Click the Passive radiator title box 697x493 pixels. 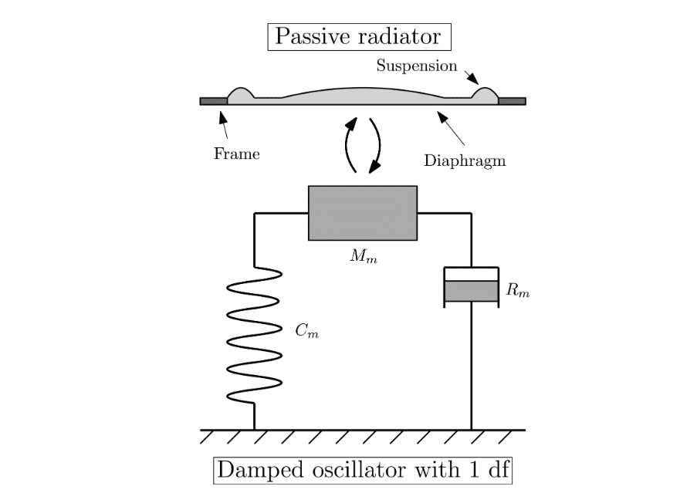coord(357,36)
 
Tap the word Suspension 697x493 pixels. coord(417,66)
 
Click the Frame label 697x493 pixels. coord(236,154)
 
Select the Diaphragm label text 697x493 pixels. coord(465,160)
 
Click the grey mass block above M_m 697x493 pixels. coord(363,213)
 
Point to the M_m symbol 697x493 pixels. coord(363,255)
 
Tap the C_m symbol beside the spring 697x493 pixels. coord(306,332)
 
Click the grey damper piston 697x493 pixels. coord(470,291)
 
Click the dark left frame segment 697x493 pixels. coord(213,101)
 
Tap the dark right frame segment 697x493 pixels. coord(512,101)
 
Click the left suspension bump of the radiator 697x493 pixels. coord(241,94)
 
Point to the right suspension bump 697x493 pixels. coord(485,94)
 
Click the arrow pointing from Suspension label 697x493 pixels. coord(471,74)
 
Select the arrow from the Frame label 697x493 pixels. coord(224,126)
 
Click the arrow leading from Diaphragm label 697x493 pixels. coord(452,129)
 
